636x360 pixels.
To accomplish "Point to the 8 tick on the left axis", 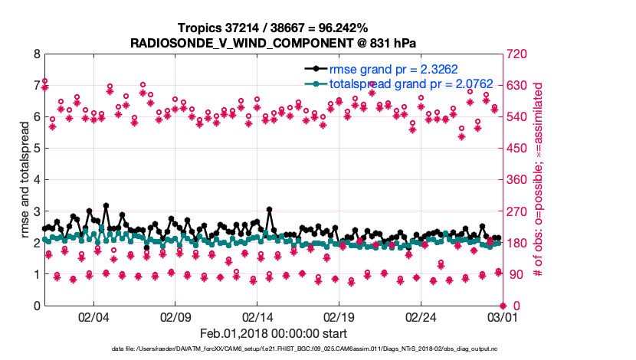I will [36, 54].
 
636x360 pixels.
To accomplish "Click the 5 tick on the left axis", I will [36, 149].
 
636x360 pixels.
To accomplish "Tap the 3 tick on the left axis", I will [36, 211].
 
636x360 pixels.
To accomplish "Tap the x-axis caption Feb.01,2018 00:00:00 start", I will [272, 333].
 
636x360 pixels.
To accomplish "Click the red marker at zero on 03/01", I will [502, 306].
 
